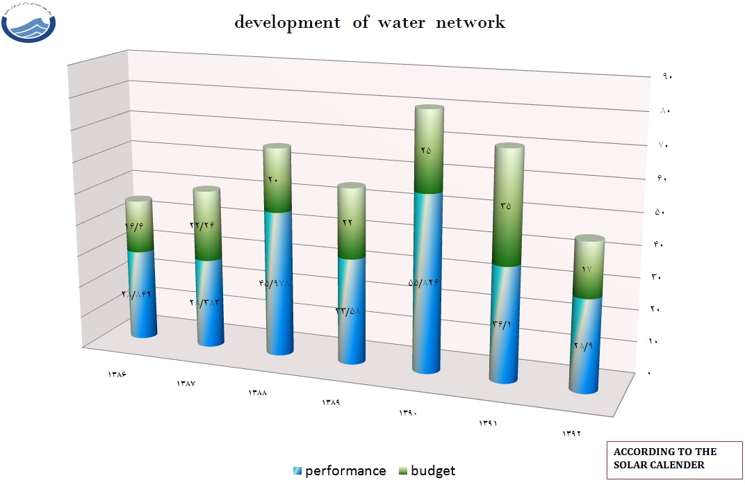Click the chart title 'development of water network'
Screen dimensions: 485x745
(369, 22)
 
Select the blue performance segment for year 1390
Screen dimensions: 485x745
(429, 285)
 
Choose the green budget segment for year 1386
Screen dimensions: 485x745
(139, 226)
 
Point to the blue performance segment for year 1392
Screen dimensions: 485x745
(586, 344)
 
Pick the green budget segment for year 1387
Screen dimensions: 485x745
(206, 224)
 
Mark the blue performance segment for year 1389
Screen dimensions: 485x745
(351, 309)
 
